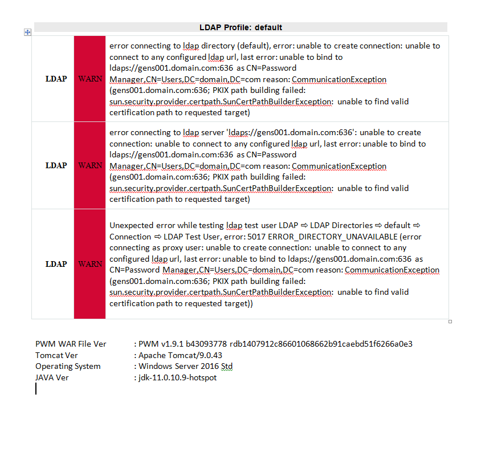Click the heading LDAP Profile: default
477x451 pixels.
pos(240,27)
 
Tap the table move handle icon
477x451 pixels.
pos(27,32)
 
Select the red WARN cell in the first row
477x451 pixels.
pos(90,79)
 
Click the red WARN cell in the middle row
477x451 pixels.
pos(90,165)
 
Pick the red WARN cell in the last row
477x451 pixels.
pos(90,264)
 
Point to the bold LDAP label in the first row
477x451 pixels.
pos(56,79)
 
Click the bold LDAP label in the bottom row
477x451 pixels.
pos(56,264)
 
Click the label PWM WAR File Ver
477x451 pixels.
pos(71,344)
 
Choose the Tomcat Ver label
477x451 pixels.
pos(56,355)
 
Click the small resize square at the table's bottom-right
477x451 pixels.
pos(450,322)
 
